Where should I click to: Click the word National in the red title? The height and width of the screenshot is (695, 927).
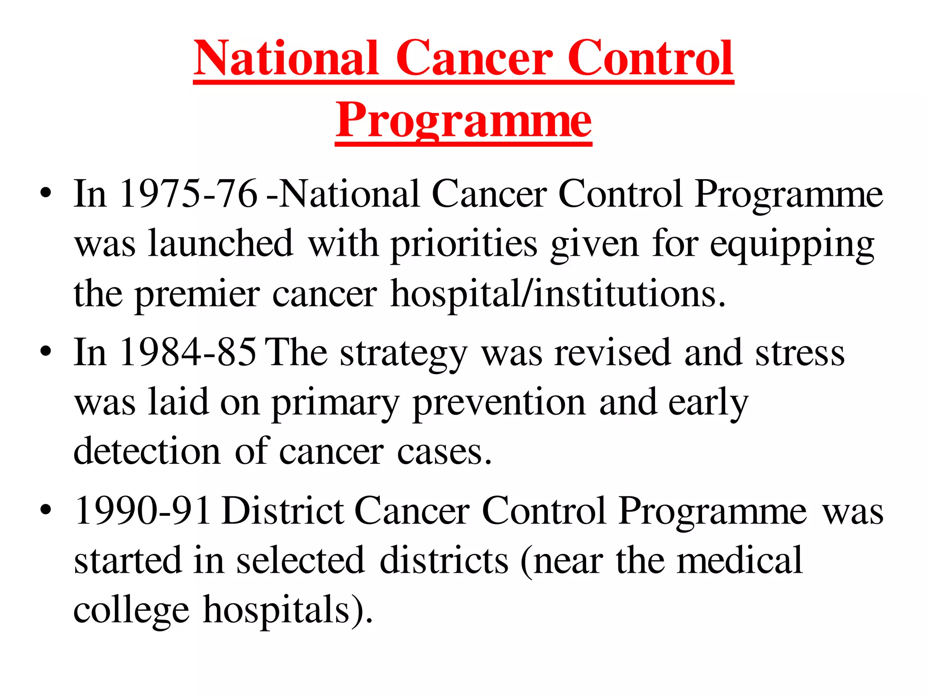(x=286, y=59)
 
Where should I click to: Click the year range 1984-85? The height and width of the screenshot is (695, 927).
(x=187, y=353)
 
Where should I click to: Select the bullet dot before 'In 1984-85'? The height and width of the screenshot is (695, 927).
(x=45, y=353)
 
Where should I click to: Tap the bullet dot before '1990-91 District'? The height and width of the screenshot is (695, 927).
(x=45, y=511)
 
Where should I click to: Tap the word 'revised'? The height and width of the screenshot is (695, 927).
(x=612, y=353)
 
